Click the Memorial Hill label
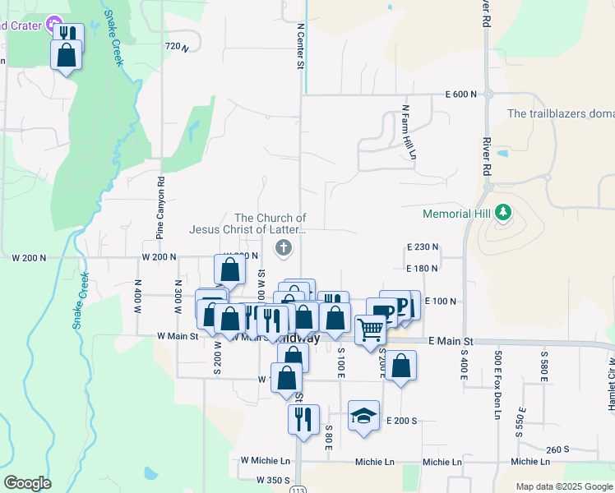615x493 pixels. tap(457, 214)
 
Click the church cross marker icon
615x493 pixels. tap(282, 247)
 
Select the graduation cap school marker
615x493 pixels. tap(363, 415)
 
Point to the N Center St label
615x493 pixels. tap(301, 45)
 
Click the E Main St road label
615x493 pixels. tap(451, 341)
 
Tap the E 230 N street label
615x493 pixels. tap(423, 246)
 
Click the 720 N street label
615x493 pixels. tap(177, 48)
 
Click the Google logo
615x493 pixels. tap(27, 483)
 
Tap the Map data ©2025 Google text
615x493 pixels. tap(563, 486)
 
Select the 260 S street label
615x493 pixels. tap(557, 449)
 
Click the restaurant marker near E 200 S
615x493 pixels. tap(303, 419)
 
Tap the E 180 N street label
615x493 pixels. tap(423, 268)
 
